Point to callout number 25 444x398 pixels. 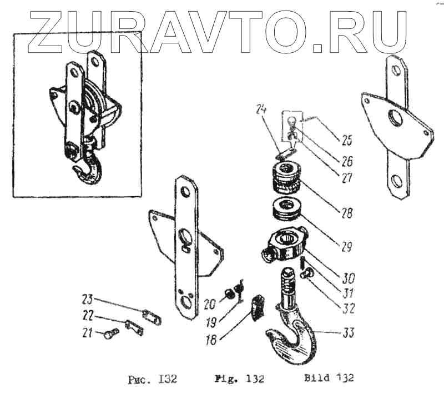click(x=347, y=139)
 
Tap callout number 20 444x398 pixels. click(x=209, y=304)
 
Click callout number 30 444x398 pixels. click(x=349, y=276)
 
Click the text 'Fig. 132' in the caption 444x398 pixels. click(x=239, y=379)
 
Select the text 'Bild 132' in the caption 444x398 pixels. click(x=329, y=378)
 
